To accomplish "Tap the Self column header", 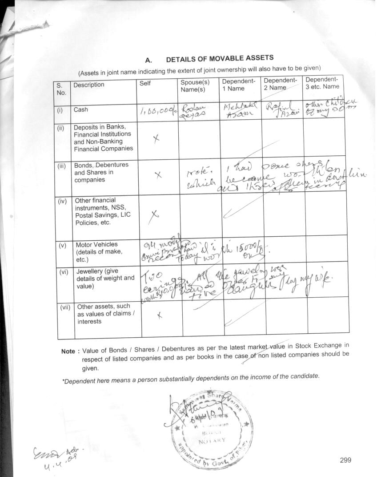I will point(145,83).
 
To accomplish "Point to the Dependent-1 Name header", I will point(239,85).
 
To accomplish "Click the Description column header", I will point(89,85).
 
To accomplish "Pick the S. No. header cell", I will point(61,89).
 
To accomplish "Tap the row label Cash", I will point(81,109).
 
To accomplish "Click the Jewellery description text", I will point(105,278).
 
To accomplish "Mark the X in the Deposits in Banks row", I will point(156,139).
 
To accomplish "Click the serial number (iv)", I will point(63,201).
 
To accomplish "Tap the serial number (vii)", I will point(66,307).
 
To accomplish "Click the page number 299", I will point(345,460).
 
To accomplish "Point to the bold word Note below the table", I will point(68,352).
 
